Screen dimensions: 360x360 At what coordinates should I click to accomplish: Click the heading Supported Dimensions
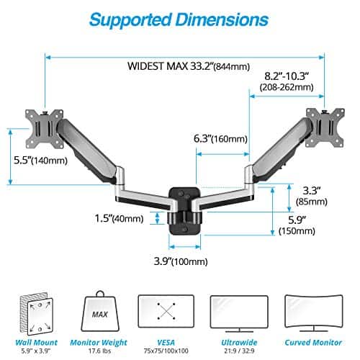[x=180, y=19]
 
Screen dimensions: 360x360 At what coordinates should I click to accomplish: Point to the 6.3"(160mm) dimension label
[x=220, y=139]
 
